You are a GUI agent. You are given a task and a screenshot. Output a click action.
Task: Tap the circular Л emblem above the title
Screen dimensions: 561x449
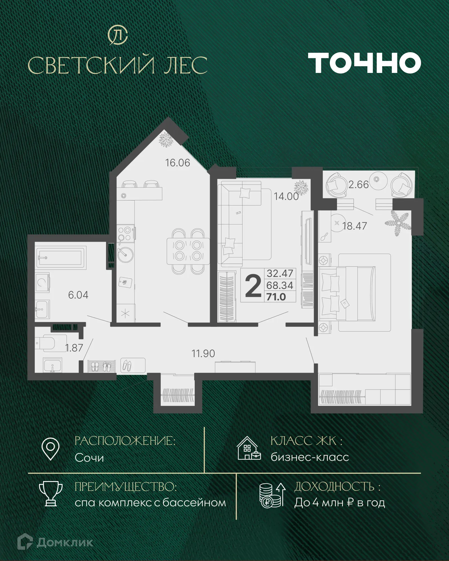(x=118, y=35)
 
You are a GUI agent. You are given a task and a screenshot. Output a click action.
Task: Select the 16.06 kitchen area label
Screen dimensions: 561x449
(x=177, y=163)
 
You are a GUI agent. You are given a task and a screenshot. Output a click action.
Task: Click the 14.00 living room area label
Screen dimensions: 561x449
(x=286, y=196)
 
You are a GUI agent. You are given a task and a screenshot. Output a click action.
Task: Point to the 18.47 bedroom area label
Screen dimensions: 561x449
(x=354, y=226)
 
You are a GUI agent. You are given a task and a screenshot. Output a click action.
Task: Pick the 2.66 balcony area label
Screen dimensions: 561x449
(x=358, y=185)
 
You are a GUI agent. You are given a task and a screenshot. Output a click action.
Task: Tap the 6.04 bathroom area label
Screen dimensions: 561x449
(x=78, y=295)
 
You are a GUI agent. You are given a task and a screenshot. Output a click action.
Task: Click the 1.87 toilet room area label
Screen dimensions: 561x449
(x=74, y=348)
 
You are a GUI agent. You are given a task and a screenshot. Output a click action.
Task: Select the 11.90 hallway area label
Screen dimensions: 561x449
(x=203, y=354)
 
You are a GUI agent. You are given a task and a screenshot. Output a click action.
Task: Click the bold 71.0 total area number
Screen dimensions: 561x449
(x=276, y=297)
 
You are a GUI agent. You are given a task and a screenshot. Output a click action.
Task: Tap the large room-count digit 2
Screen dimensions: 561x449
(x=253, y=286)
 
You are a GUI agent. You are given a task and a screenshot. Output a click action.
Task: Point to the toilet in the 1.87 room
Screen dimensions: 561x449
(x=48, y=343)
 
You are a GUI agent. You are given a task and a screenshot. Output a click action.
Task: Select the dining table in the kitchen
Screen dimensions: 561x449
(x=188, y=251)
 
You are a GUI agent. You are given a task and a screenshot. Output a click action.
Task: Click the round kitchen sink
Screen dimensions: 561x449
(x=125, y=255)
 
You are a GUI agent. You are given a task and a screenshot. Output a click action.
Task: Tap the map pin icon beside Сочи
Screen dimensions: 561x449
(x=50, y=449)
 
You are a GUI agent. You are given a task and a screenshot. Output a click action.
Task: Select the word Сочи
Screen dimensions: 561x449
(x=89, y=458)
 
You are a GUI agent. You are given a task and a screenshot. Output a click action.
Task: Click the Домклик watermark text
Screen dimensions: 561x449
(x=65, y=542)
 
